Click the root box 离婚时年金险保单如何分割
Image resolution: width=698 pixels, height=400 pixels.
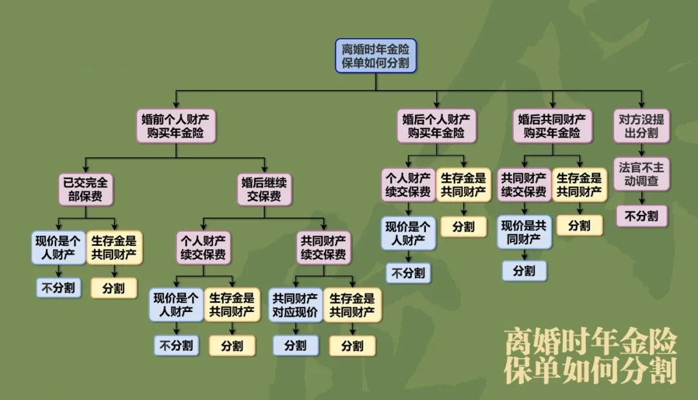(375, 56)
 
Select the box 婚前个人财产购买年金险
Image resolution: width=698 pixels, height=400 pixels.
(175, 126)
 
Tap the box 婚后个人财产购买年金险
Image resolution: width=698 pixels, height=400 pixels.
(436, 126)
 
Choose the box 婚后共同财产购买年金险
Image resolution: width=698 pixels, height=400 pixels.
(553, 126)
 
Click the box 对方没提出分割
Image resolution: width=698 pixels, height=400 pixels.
(641, 126)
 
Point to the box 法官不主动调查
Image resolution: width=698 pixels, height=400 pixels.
(641, 173)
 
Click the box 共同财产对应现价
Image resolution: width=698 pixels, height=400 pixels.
(295, 306)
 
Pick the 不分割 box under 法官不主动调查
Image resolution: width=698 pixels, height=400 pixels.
(641, 216)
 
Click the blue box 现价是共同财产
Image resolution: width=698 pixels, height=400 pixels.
(524, 233)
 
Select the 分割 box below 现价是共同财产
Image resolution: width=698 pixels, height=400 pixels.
(524, 271)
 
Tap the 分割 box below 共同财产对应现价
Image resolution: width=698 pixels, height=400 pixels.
(295, 346)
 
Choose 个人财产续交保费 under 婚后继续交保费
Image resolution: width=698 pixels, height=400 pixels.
(204, 248)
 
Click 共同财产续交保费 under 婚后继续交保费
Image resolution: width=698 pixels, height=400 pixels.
(324, 248)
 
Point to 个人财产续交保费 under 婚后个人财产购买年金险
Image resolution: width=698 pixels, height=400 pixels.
(408, 185)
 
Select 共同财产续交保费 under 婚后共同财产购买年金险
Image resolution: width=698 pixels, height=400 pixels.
(524, 185)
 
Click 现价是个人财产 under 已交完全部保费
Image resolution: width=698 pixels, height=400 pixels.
(58, 248)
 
